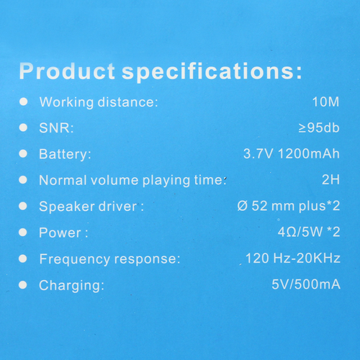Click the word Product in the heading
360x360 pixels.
pyautogui.click(x=67, y=71)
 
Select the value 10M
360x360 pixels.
pyautogui.click(x=325, y=102)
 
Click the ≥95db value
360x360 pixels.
pyautogui.click(x=319, y=127)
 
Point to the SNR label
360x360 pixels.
pyautogui.click(x=56, y=127)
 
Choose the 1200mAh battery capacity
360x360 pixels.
pyautogui.click(x=309, y=153)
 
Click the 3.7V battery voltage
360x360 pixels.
pyautogui.click(x=258, y=153)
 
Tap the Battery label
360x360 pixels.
pyautogui.click(x=65, y=154)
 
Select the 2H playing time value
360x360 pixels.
pyautogui.click(x=330, y=179)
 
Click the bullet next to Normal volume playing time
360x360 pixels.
pyautogui.click(x=23, y=179)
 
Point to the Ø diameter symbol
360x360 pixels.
pyautogui.click(x=243, y=206)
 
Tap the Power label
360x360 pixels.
pyautogui.click(x=63, y=233)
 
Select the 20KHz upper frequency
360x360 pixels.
pyautogui.click(x=318, y=258)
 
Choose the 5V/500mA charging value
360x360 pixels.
pyautogui.click(x=306, y=284)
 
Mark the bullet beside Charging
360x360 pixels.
pyautogui.click(x=23, y=285)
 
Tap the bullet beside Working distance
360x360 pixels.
pyautogui.click(x=24, y=102)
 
